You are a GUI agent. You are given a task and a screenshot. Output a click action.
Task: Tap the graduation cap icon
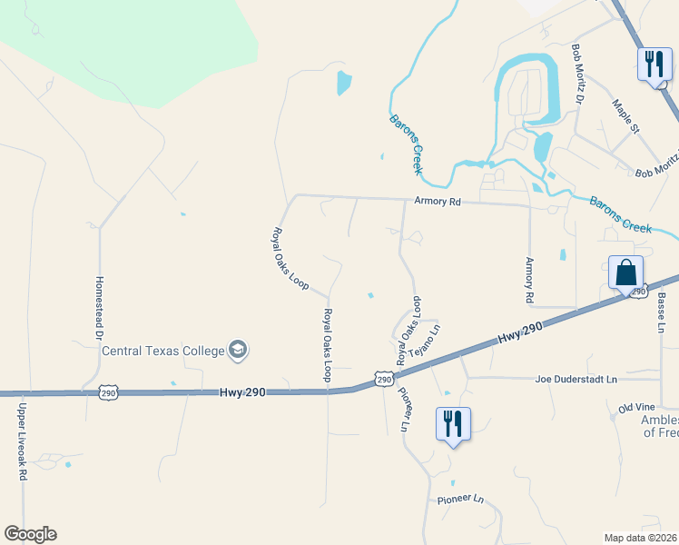click(x=238, y=349)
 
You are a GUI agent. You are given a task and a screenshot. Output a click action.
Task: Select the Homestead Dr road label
click(x=99, y=308)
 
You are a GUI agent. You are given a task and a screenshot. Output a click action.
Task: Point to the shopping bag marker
click(x=625, y=272)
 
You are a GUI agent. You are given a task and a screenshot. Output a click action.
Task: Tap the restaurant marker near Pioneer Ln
click(x=453, y=424)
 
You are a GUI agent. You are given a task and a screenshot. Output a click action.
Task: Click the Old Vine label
click(x=637, y=410)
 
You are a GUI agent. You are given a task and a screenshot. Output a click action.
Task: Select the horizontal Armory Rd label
click(x=438, y=202)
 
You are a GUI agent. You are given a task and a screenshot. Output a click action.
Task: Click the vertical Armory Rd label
click(x=529, y=280)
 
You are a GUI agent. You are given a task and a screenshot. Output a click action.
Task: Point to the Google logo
click(x=30, y=534)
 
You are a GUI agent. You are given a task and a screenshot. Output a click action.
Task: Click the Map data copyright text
click(x=641, y=538)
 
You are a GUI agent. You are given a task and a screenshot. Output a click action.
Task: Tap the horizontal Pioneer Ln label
click(x=460, y=499)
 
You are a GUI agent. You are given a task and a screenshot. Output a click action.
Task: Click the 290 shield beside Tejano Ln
click(x=384, y=379)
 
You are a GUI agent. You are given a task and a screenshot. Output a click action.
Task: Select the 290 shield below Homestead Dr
click(x=108, y=392)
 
